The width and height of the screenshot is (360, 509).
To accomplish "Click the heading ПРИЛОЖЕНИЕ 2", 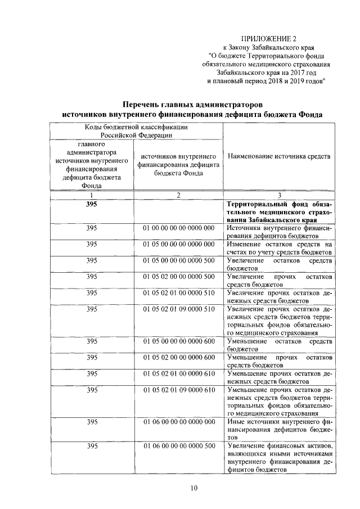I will coord(268,38).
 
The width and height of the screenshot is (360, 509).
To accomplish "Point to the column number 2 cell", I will coord(178,195).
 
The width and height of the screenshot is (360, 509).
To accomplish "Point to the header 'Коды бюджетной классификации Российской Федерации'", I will coord(136,131).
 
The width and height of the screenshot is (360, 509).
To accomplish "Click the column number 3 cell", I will coord(279,195).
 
